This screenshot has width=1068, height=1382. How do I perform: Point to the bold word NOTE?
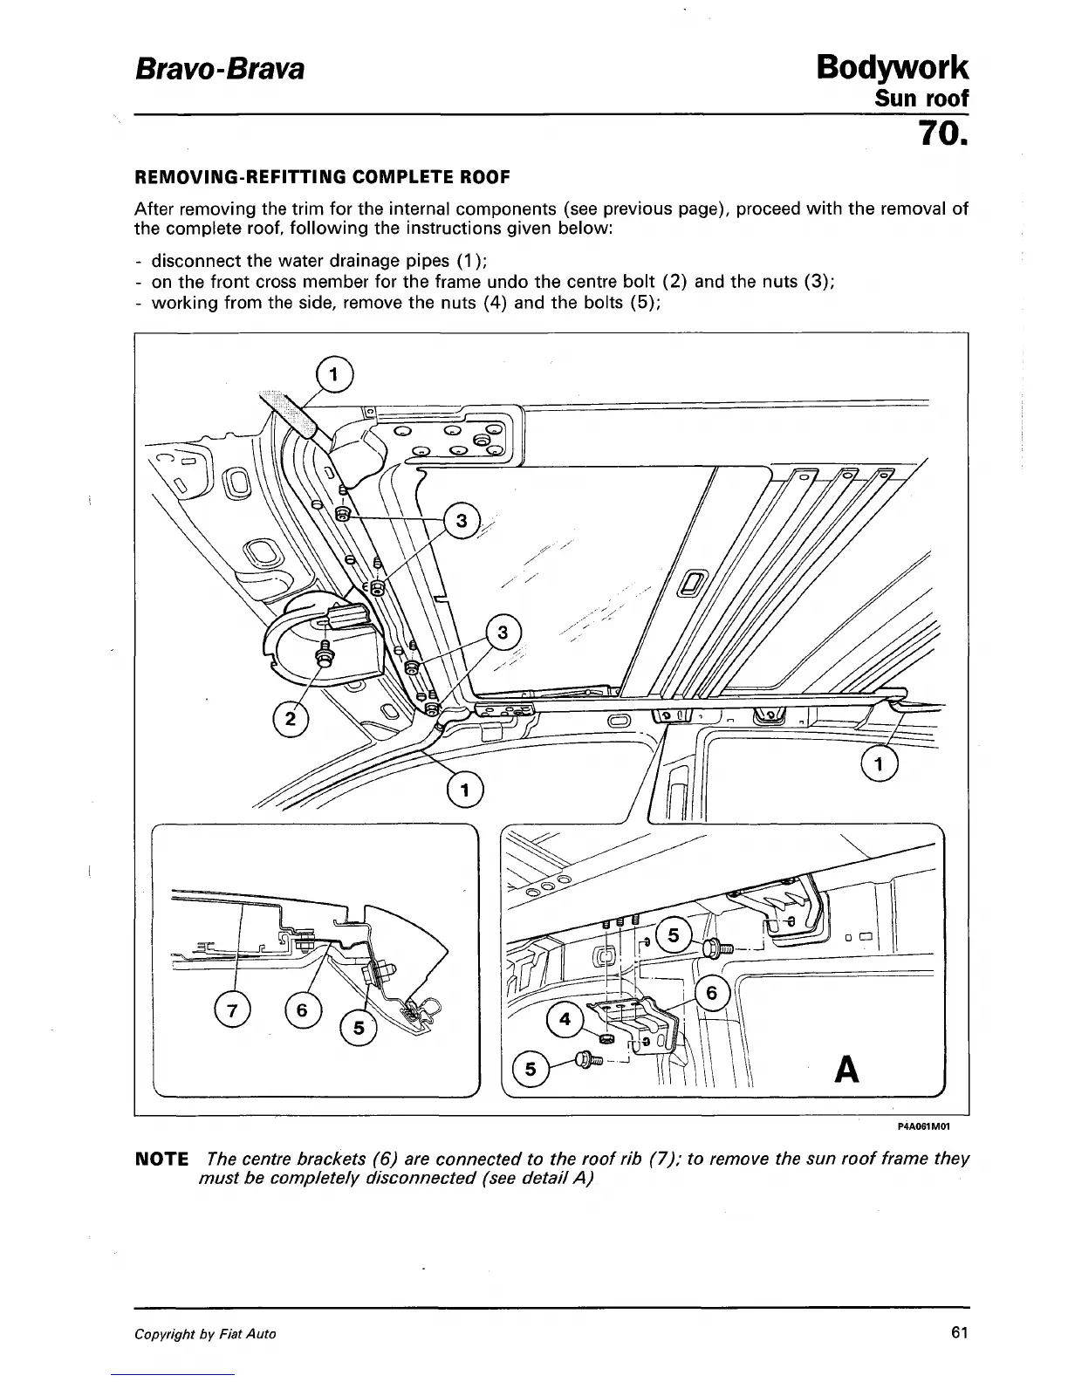(161, 1160)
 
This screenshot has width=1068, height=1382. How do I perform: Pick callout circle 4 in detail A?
(565, 1020)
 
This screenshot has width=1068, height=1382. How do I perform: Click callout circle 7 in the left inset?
(231, 1012)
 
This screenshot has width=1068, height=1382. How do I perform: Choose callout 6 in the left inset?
(302, 1010)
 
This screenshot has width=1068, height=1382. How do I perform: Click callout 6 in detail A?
(712, 994)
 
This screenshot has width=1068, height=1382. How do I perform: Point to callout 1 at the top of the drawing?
(332, 377)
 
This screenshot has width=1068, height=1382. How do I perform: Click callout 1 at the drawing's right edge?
(880, 765)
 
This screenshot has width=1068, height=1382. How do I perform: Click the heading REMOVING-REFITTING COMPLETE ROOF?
(321, 178)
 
